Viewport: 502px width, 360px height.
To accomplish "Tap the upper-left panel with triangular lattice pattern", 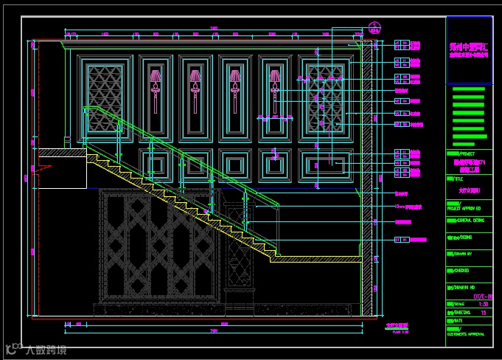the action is pyautogui.click(x=104, y=97).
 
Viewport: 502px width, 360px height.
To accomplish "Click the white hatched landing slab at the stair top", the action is pyautogui.click(x=62, y=152).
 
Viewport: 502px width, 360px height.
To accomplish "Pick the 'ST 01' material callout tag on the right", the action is pyautogui.click(x=401, y=240).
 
